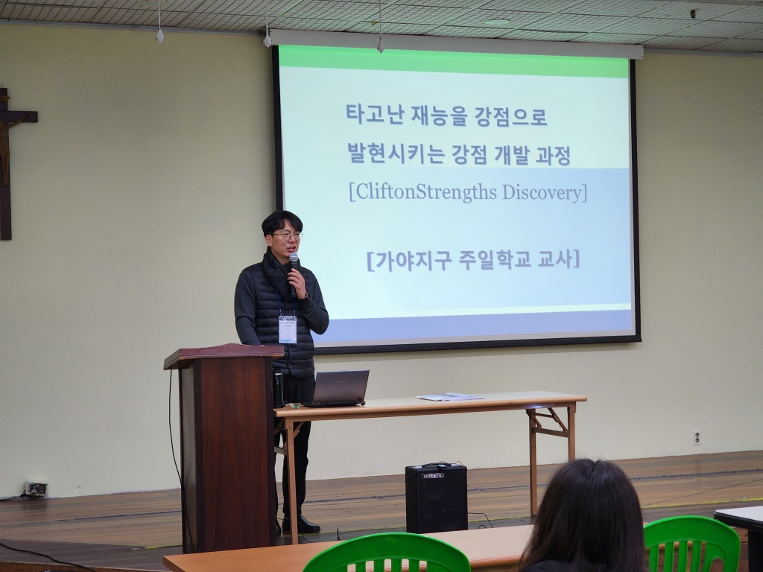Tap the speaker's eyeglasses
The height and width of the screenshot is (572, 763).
click(x=288, y=236)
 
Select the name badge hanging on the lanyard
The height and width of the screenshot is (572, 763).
click(x=288, y=329)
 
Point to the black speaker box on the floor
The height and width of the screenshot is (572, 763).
click(x=437, y=498)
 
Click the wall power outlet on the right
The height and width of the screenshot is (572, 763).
click(x=697, y=437)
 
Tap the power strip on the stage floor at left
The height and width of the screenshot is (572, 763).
click(x=36, y=489)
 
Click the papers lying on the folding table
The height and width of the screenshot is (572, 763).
click(x=449, y=397)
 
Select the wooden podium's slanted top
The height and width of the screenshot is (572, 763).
click(x=224, y=355)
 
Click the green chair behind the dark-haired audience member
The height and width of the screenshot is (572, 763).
click(x=691, y=543)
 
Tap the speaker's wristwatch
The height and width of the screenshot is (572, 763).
click(x=308, y=296)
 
